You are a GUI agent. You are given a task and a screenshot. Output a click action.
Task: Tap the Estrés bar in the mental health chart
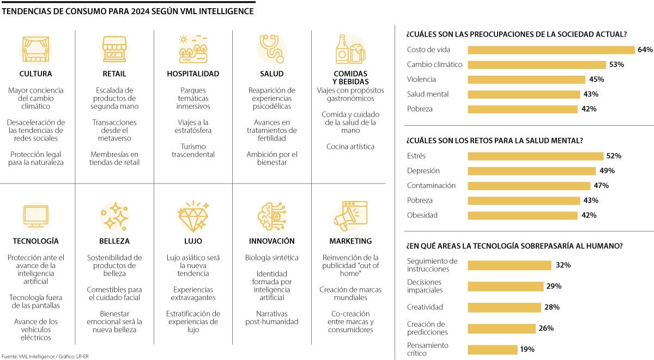[536, 156]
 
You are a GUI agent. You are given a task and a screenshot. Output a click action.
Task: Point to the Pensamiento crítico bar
[493, 350]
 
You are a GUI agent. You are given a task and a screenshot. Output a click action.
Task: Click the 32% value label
[563, 265]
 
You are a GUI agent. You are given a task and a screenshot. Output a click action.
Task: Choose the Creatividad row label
[425, 307]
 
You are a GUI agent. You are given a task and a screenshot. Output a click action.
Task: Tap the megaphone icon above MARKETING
[350, 216]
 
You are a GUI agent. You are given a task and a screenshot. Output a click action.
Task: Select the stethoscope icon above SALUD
[271, 48]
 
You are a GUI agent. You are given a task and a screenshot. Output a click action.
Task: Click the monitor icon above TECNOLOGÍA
[36, 216]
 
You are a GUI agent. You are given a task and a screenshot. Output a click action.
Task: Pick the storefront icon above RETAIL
[114, 48]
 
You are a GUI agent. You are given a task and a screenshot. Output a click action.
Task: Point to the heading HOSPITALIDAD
[193, 74]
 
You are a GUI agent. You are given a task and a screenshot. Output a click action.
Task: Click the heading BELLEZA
[114, 241]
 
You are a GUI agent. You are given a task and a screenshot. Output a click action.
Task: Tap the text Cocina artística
[350, 147]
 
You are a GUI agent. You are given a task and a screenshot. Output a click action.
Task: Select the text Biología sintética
[271, 258]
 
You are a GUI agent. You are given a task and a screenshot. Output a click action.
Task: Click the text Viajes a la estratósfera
[193, 126]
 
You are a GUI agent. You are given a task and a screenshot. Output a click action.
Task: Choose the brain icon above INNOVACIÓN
[271, 216]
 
